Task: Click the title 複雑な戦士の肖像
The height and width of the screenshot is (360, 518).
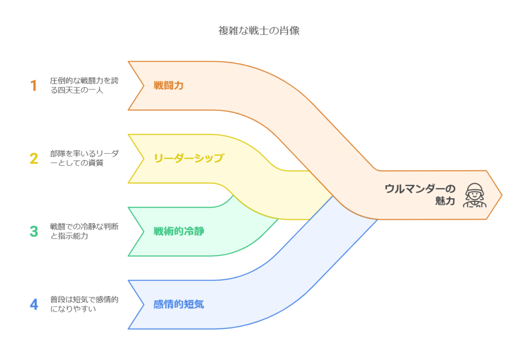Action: click(258, 30)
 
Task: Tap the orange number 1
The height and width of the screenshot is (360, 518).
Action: click(34, 85)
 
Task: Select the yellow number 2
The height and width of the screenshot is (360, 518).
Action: click(34, 158)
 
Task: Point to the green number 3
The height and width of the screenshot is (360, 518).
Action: click(34, 231)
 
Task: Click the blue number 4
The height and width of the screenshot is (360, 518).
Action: click(34, 304)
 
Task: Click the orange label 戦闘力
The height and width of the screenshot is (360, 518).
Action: click(168, 85)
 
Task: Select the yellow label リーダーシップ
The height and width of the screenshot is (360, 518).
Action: click(188, 158)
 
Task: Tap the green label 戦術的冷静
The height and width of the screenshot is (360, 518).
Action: click(179, 232)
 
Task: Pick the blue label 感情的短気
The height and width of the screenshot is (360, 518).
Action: click(179, 305)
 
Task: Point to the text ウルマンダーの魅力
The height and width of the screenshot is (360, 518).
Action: click(419, 195)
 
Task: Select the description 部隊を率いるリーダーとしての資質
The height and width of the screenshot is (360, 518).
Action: click(81, 158)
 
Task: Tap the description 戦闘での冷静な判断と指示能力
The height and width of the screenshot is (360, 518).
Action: click(84, 231)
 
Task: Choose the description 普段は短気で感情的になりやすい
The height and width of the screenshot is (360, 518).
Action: click(84, 304)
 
